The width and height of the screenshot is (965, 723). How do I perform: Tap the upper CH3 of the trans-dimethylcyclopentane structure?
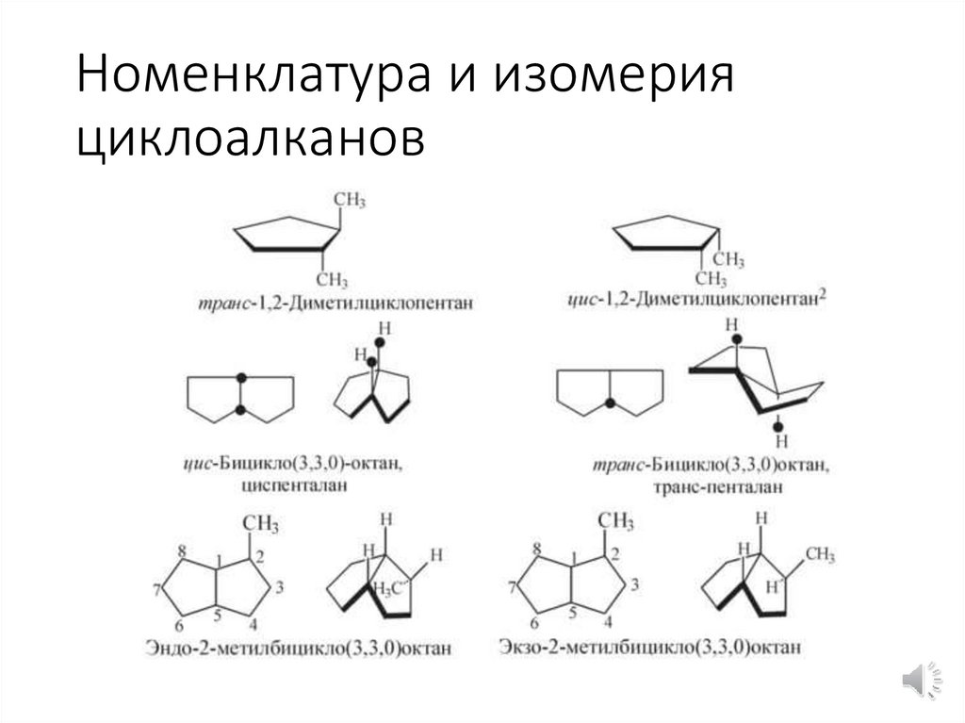[350, 201]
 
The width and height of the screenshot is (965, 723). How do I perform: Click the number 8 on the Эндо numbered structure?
[181, 550]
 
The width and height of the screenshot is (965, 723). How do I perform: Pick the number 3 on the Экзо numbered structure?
[635, 584]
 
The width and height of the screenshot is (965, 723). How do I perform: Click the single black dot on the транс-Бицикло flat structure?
[610, 403]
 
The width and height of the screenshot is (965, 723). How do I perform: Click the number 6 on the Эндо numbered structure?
[178, 625]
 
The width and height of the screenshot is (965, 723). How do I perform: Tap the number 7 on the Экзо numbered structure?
[513, 588]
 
